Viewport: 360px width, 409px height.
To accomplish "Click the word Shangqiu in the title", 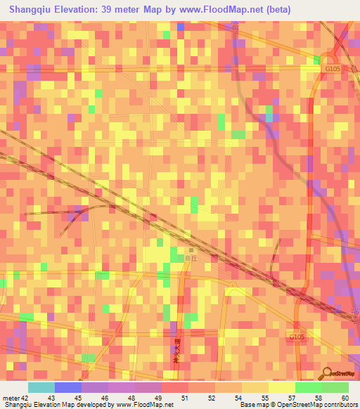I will tap(32, 10).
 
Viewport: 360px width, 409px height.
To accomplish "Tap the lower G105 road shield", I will tap(297, 338).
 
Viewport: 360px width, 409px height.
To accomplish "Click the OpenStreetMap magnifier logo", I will tap(326, 372).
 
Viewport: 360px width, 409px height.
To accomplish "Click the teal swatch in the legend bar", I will tap(41, 387).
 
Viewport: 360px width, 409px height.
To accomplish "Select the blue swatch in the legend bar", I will tap(68, 387).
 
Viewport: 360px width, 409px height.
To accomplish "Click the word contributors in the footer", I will tap(339, 404).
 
